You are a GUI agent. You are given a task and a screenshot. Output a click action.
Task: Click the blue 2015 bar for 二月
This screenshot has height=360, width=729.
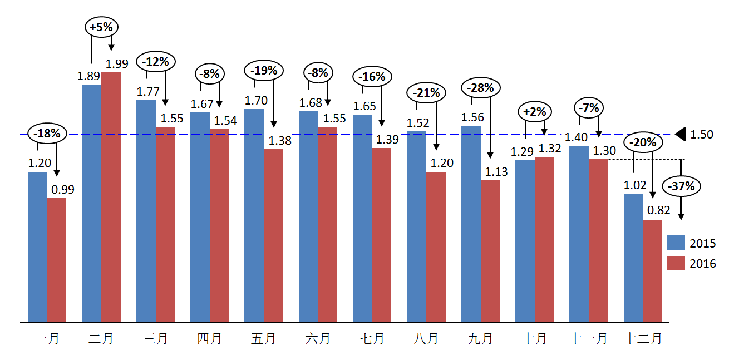pos(91,203)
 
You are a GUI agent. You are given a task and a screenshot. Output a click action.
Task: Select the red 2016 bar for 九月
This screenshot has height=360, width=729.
pos(490,251)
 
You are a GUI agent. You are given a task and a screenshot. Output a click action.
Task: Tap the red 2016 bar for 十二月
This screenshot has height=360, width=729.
pos(652,271)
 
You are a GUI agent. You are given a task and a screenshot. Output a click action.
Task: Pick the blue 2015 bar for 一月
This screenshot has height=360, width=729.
pos(37,246)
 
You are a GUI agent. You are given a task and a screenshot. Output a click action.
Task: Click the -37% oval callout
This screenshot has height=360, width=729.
pos(682,186)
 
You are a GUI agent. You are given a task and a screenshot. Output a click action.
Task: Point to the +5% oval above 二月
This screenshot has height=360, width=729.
pos(103,27)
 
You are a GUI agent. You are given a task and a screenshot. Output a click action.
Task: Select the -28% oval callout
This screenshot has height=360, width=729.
pos(481,87)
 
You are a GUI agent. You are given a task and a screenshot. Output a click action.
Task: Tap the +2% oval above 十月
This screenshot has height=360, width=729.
pos(535,111)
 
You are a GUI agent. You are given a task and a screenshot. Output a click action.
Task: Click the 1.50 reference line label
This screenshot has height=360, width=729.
pos(702,135)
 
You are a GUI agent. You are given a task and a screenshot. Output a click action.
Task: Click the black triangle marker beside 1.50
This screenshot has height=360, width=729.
pos(679,134)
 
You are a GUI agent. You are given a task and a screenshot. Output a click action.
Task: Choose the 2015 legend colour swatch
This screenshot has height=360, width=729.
pos(676,243)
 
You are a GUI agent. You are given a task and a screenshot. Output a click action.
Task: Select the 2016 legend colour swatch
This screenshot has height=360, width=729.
pos(676,263)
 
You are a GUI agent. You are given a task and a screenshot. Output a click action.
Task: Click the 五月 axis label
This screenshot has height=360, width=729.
pos(263,338)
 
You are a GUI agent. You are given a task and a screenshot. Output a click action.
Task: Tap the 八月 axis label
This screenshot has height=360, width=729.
pos(426,338)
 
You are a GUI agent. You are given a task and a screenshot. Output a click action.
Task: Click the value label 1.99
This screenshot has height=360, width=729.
pos(117,63)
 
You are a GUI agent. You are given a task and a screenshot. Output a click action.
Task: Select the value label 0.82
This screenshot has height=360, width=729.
pos(659,210)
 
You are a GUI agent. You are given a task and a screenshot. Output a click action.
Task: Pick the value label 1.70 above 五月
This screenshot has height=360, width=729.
pos(256,101)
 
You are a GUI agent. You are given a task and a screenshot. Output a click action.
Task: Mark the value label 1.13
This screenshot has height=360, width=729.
pos(496,171)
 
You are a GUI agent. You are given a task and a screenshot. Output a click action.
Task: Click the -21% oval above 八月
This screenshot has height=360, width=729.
pos(427,93)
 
